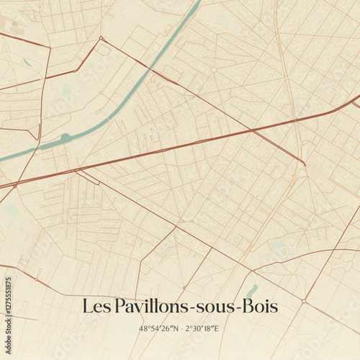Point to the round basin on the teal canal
(x=66, y=136)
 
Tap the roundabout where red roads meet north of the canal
(x=102, y=38)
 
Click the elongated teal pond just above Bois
(x=251, y=291)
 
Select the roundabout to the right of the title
(x=305, y=300)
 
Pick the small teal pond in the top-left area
(x=27, y=63)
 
